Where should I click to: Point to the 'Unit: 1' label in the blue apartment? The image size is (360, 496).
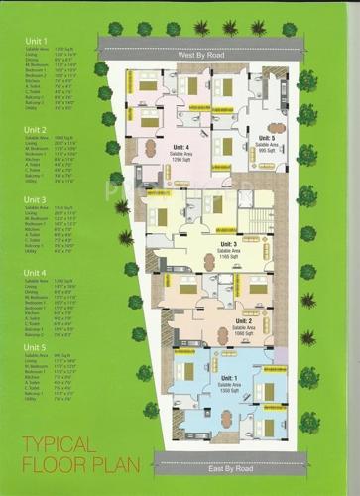pyautogui.click(x=227, y=380)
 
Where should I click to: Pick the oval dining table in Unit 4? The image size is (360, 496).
pyautogui.click(x=151, y=148)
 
